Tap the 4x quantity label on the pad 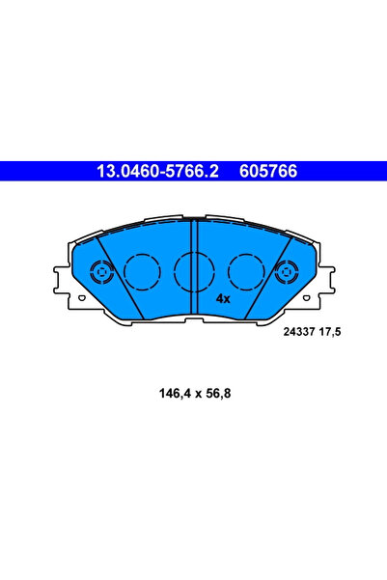223,298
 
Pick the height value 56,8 220,393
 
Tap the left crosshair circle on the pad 101,272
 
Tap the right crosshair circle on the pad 288,272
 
